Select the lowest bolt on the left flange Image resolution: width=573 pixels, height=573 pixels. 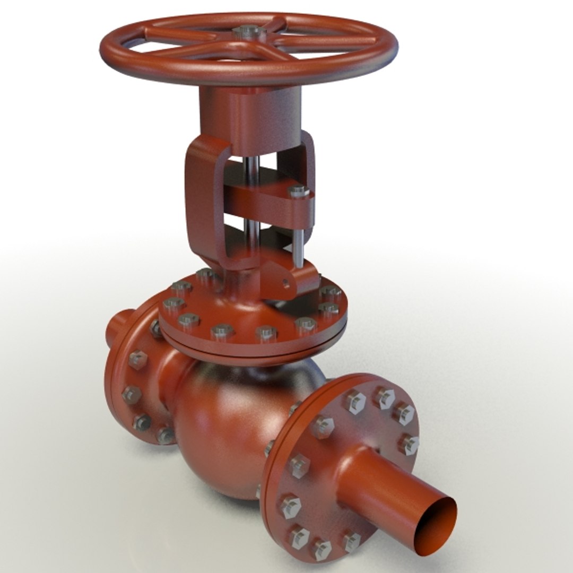click(166, 436)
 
